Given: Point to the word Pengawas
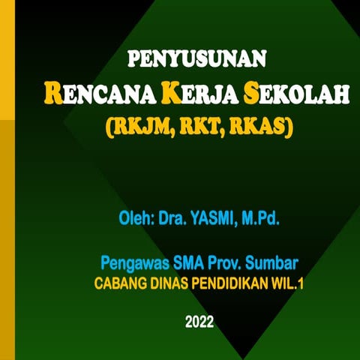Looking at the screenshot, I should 132,263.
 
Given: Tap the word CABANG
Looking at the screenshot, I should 118,285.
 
